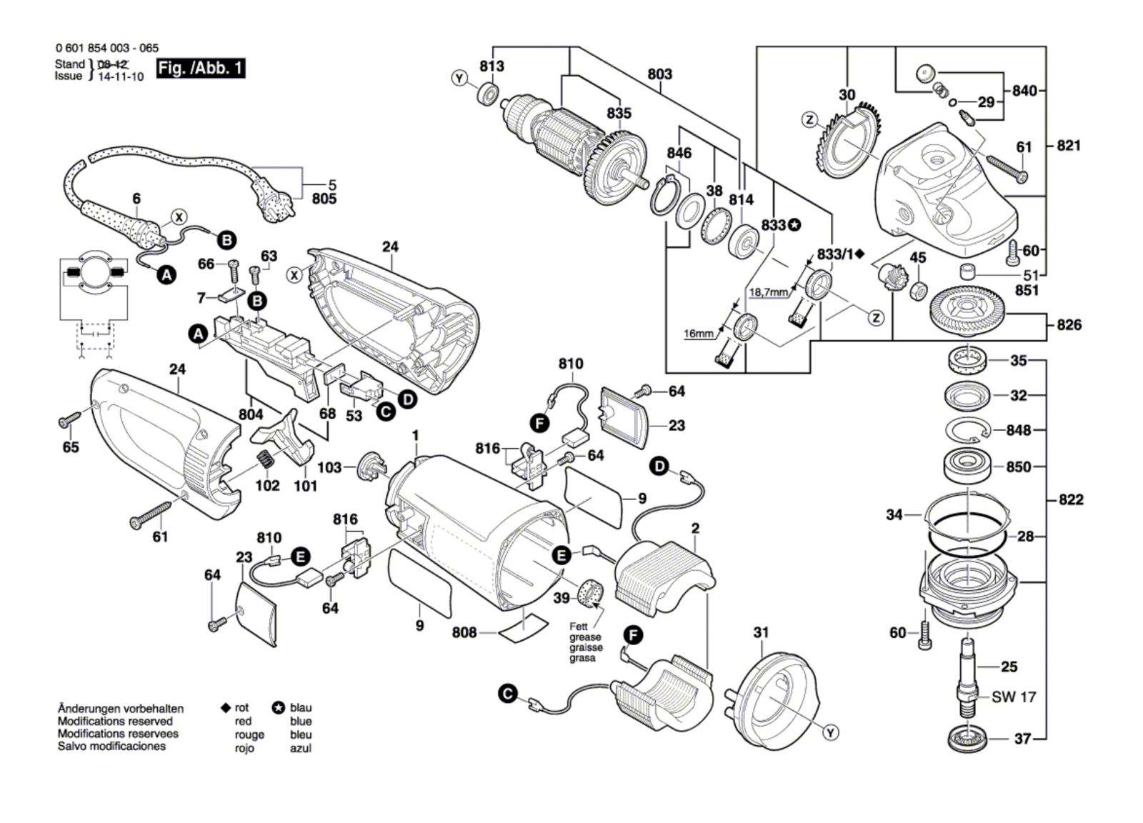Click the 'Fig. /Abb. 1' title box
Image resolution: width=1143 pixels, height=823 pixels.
coord(201,69)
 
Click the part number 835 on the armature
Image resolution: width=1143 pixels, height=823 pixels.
coord(619,113)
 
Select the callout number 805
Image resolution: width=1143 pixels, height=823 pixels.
coord(324,199)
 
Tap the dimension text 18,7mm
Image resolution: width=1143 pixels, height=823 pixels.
coord(769,292)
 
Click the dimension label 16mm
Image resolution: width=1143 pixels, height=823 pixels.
coord(699,334)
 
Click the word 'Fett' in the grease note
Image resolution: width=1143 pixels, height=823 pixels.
coord(579,627)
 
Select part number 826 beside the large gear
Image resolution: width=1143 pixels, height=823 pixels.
coord(1069,325)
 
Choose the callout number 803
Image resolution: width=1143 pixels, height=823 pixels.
coord(659,74)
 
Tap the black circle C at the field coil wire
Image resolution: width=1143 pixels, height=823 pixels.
coord(507,693)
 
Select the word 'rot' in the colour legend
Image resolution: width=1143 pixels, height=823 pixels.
coord(242,707)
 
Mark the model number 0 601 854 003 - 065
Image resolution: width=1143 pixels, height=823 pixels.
coord(106,49)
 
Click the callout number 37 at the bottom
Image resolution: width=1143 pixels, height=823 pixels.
coord(1022,739)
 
